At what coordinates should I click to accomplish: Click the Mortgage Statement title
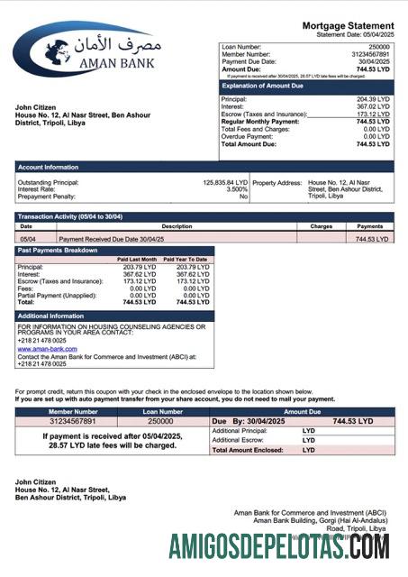pyautogui.click(x=348, y=25)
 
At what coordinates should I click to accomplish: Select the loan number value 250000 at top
pyautogui.click(x=378, y=46)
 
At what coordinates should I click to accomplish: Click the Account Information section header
pyautogui.click(x=48, y=167)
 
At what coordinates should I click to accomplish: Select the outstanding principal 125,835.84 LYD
pyautogui.click(x=224, y=182)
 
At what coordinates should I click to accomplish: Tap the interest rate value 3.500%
pyautogui.click(x=236, y=189)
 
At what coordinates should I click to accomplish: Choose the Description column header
pyautogui.click(x=177, y=227)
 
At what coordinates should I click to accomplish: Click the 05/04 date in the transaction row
pyautogui.click(x=27, y=239)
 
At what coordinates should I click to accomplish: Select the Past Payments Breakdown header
pyautogui.click(x=59, y=251)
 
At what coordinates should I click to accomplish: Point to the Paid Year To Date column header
pyautogui.click(x=186, y=260)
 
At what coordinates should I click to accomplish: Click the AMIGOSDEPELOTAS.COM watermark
pyautogui.click(x=278, y=545)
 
